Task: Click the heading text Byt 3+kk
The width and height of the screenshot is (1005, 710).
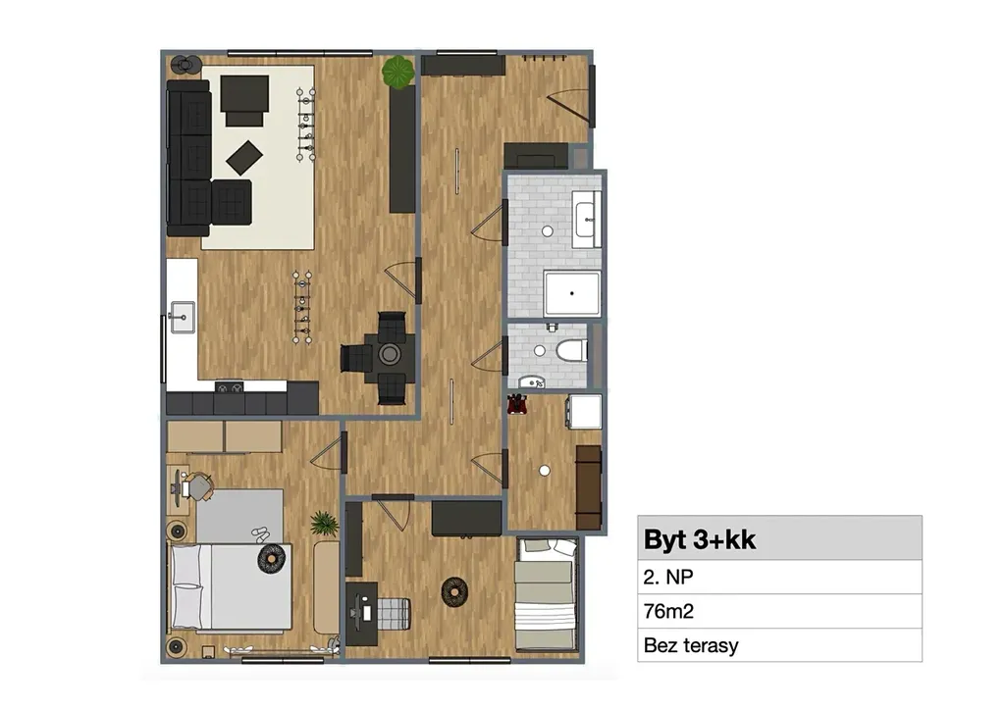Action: [699, 539]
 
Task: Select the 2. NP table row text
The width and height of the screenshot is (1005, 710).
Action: [667, 577]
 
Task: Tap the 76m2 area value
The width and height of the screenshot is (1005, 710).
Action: [668, 611]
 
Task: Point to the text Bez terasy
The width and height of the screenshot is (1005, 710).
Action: [691, 645]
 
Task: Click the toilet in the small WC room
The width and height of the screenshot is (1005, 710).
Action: [570, 350]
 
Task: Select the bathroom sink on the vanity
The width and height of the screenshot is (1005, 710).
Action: [587, 219]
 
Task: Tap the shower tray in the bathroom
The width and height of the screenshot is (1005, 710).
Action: [572, 293]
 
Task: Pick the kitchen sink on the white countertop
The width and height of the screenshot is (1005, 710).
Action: [183, 317]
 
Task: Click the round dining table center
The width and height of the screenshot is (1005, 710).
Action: [389, 354]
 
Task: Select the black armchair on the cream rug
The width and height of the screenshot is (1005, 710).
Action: [244, 100]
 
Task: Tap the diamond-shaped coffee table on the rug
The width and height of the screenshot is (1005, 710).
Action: [244, 158]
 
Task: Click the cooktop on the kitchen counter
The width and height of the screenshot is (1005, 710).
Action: [229, 386]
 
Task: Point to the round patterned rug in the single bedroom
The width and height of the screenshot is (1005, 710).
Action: [454, 591]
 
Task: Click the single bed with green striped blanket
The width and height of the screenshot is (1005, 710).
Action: [547, 594]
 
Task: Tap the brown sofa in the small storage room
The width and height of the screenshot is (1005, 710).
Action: [589, 487]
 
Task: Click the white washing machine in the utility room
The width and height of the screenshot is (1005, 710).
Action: [585, 412]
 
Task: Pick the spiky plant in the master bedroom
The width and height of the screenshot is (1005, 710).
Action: [325, 523]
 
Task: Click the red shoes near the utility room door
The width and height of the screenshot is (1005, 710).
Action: [517, 405]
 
